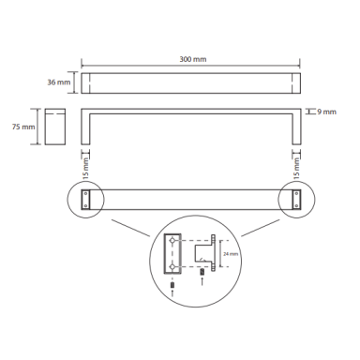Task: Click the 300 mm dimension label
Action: [193, 59]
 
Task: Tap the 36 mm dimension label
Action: [59, 82]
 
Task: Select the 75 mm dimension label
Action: [23, 127]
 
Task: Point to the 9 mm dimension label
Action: [327, 112]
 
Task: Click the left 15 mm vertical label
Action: [85, 169]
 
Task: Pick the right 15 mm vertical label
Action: [296, 169]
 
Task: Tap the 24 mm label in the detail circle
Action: [231, 254]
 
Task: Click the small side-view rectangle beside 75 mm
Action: [55, 127]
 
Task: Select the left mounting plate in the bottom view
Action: [85, 199]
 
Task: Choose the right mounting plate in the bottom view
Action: [296, 199]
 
